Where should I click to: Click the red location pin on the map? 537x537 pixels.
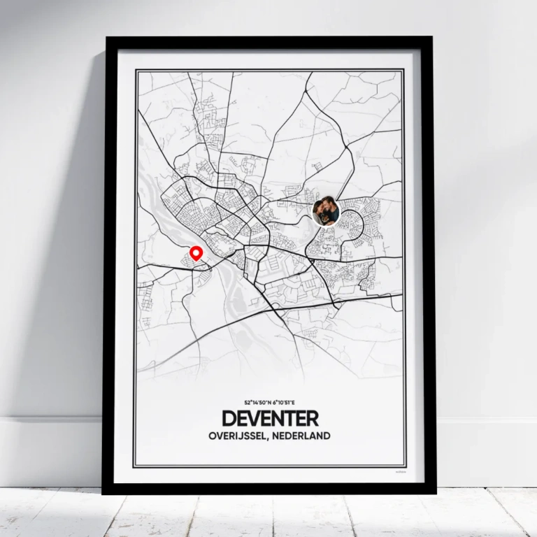(196, 253)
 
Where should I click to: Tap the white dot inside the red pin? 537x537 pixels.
(196, 251)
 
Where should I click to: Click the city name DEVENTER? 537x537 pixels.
(270, 419)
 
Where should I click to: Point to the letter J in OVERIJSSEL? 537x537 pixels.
(245, 436)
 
